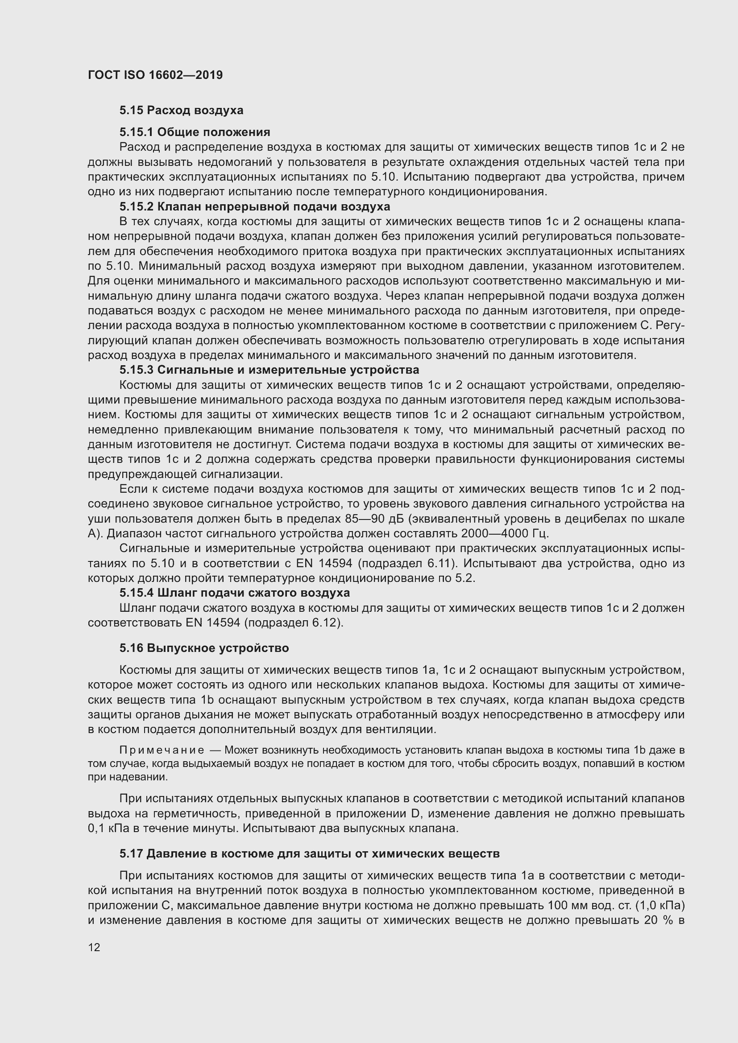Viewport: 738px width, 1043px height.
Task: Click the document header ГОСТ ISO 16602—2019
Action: (x=155, y=75)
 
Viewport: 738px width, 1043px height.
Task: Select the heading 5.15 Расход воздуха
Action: (x=181, y=111)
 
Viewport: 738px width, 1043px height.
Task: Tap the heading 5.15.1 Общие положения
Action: (x=195, y=132)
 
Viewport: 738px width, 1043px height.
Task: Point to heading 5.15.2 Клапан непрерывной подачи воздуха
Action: (x=254, y=207)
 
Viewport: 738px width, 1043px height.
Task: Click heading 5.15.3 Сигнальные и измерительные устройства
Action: (x=269, y=370)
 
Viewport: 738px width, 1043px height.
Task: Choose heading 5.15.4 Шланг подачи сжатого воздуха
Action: (x=235, y=593)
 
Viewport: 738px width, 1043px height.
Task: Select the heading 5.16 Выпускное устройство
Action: (x=204, y=648)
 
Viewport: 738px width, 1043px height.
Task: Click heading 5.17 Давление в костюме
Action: (x=310, y=853)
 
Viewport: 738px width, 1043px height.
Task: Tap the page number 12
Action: (x=94, y=947)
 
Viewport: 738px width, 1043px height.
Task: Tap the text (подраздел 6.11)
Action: (x=407, y=563)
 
